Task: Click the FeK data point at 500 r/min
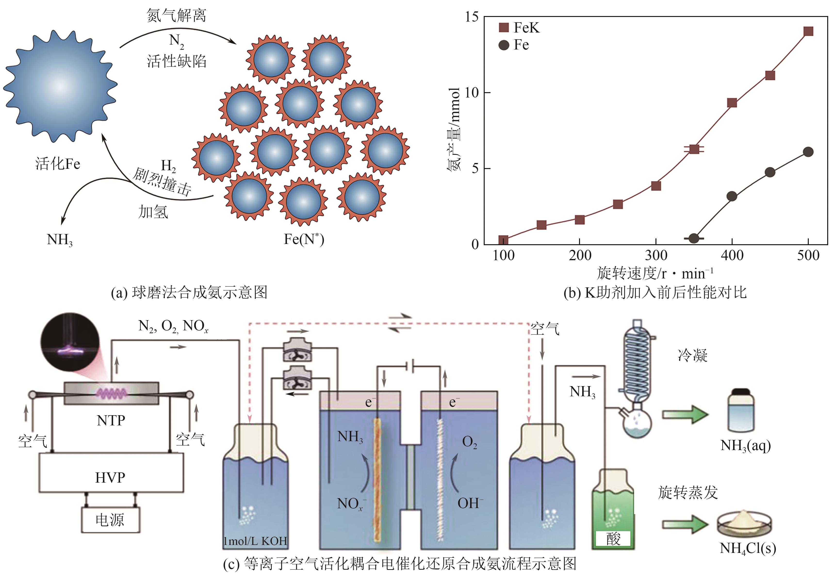(808, 31)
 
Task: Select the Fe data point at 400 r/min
(732, 196)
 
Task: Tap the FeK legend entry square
(504, 27)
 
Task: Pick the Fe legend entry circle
(504, 45)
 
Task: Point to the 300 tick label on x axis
(656, 255)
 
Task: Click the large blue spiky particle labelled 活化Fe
(60, 87)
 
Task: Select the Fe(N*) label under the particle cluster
(304, 239)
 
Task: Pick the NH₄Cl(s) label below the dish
(747, 548)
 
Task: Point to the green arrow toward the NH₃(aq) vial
(685, 415)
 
